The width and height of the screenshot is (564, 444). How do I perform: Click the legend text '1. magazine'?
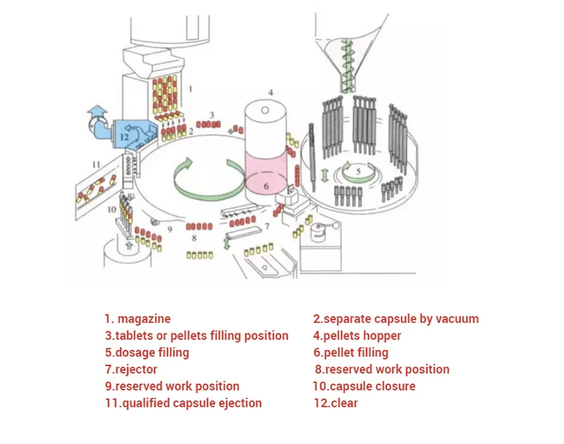[138, 319]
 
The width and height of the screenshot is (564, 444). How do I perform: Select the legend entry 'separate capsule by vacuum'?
[396, 319]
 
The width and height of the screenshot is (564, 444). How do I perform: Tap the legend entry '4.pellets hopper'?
[357, 336]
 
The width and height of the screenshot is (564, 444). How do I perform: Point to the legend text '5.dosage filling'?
[147, 352]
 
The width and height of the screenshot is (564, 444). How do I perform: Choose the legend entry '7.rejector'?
[131, 369]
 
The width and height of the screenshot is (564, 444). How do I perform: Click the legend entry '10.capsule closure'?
[364, 386]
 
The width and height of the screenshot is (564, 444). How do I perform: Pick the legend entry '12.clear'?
[335, 403]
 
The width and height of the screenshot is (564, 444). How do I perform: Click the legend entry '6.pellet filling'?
[351, 352]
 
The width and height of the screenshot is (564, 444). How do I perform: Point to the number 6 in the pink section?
[265, 185]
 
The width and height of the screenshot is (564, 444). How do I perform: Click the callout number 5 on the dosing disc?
[359, 171]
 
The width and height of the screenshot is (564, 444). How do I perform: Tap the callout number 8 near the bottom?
[193, 238]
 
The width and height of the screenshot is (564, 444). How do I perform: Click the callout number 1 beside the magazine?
[190, 88]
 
